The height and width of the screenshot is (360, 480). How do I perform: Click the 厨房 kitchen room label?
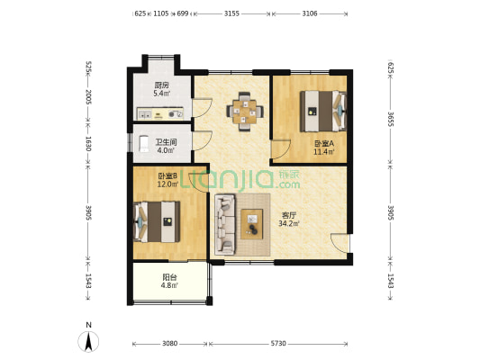[161, 85]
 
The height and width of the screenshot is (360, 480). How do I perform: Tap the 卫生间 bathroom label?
[166, 142]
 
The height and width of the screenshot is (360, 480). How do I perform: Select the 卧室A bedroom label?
[324, 143]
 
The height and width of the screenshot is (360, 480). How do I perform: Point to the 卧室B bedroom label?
[168, 175]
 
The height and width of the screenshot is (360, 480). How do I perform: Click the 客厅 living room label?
[289, 215]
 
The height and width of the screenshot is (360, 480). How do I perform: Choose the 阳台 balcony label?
[169, 277]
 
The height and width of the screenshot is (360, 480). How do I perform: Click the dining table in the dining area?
[245, 112]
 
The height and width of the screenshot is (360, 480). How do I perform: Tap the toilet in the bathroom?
[143, 144]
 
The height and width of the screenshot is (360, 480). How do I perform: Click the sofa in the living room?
[225, 224]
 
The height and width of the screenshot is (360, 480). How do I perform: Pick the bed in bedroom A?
[323, 111]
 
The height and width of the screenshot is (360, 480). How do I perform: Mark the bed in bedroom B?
[157, 221]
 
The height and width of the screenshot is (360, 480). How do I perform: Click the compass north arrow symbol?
[88, 341]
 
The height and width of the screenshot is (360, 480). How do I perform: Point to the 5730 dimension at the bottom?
[278, 344]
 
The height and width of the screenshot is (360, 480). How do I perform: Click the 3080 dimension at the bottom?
[169, 344]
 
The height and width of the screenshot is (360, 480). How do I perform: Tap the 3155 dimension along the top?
[231, 13]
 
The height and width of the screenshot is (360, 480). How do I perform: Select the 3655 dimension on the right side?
[391, 119]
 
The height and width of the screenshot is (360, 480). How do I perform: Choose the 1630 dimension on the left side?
[88, 143]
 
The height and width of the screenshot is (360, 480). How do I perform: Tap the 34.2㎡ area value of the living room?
[289, 223]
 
